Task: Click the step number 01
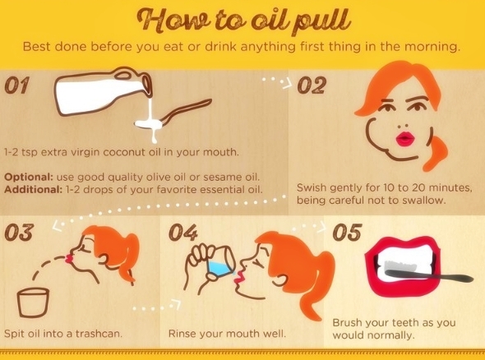tap(16, 85)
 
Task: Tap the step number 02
tap(312, 85)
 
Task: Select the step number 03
tap(19, 233)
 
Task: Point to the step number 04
tap(183, 233)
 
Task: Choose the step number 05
tap(347, 233)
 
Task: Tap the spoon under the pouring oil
tap(173, 114)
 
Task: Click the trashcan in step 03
tap(33, 302)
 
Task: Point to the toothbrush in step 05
tap(429, 273)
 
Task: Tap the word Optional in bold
tap(29, 178)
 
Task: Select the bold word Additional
tap(34, 189)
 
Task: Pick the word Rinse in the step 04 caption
tap(182, 334)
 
